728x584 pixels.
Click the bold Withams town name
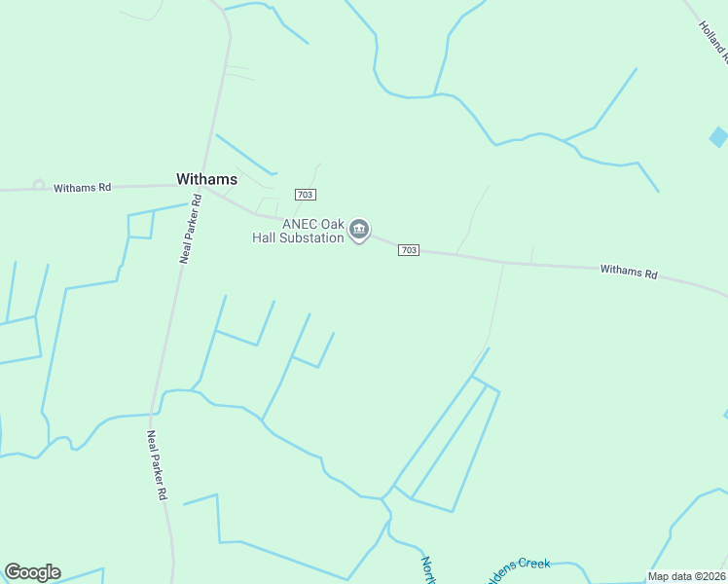[206, 179]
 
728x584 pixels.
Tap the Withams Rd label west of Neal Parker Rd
[82, 188]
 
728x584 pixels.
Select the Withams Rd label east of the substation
[628, 272]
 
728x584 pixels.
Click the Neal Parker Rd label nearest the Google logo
[156, 465]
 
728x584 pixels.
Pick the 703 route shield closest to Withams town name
[306, 196]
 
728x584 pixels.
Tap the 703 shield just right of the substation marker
[409, 250]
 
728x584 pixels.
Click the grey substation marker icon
[359, 230]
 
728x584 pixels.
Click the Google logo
[32, 572]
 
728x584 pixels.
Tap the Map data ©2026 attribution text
[686, 576]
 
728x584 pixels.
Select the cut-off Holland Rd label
[713, 40]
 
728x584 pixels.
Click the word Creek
[533, 564]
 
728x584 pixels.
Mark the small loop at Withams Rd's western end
[39, 184]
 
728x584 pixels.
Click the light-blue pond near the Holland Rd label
[719, 136]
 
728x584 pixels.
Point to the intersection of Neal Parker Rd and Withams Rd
[202, 184]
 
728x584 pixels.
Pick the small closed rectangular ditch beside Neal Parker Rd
[141, 225]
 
